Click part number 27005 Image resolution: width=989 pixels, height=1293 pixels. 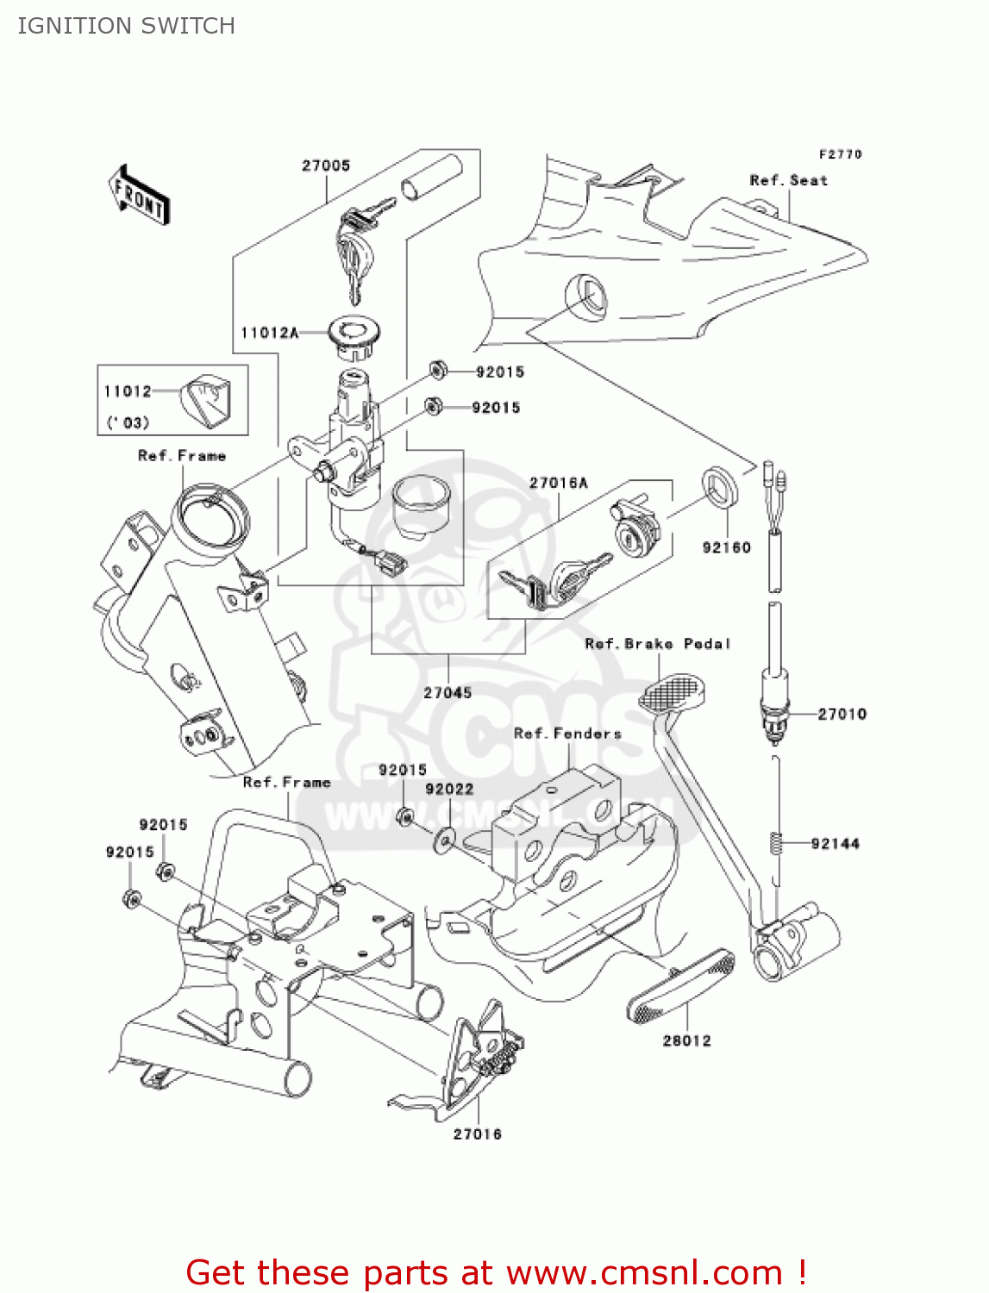(x=326, y=166)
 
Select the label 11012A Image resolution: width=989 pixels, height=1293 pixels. (x=269, y=333)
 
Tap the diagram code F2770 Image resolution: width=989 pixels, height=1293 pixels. (x=840, y=154)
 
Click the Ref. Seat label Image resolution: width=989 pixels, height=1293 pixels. (x=788, y=180)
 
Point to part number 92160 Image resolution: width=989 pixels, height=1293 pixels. (x=726, y=547)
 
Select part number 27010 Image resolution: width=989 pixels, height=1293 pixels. (x=842, y=714)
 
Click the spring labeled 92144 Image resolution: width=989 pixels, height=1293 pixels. (x=776, y=842)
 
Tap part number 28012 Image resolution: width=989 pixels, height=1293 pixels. (x=686, y=1040)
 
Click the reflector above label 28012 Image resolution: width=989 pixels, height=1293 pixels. (x=681, y=986)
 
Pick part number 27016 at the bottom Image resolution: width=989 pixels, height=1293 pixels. (x=477, y=1134)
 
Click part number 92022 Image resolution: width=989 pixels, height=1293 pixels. (x=449, y=789)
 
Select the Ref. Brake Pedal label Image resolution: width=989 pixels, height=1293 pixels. (x=657, y=644)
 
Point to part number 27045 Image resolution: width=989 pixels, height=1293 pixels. (x=448, y=692)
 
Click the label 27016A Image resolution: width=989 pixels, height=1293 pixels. (x=558, y=483)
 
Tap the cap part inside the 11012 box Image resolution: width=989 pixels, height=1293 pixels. (x=206, y=400)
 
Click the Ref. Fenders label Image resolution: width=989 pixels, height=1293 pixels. (x=567, y=734)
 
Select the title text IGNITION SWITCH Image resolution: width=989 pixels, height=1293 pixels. (x=127, y=26)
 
